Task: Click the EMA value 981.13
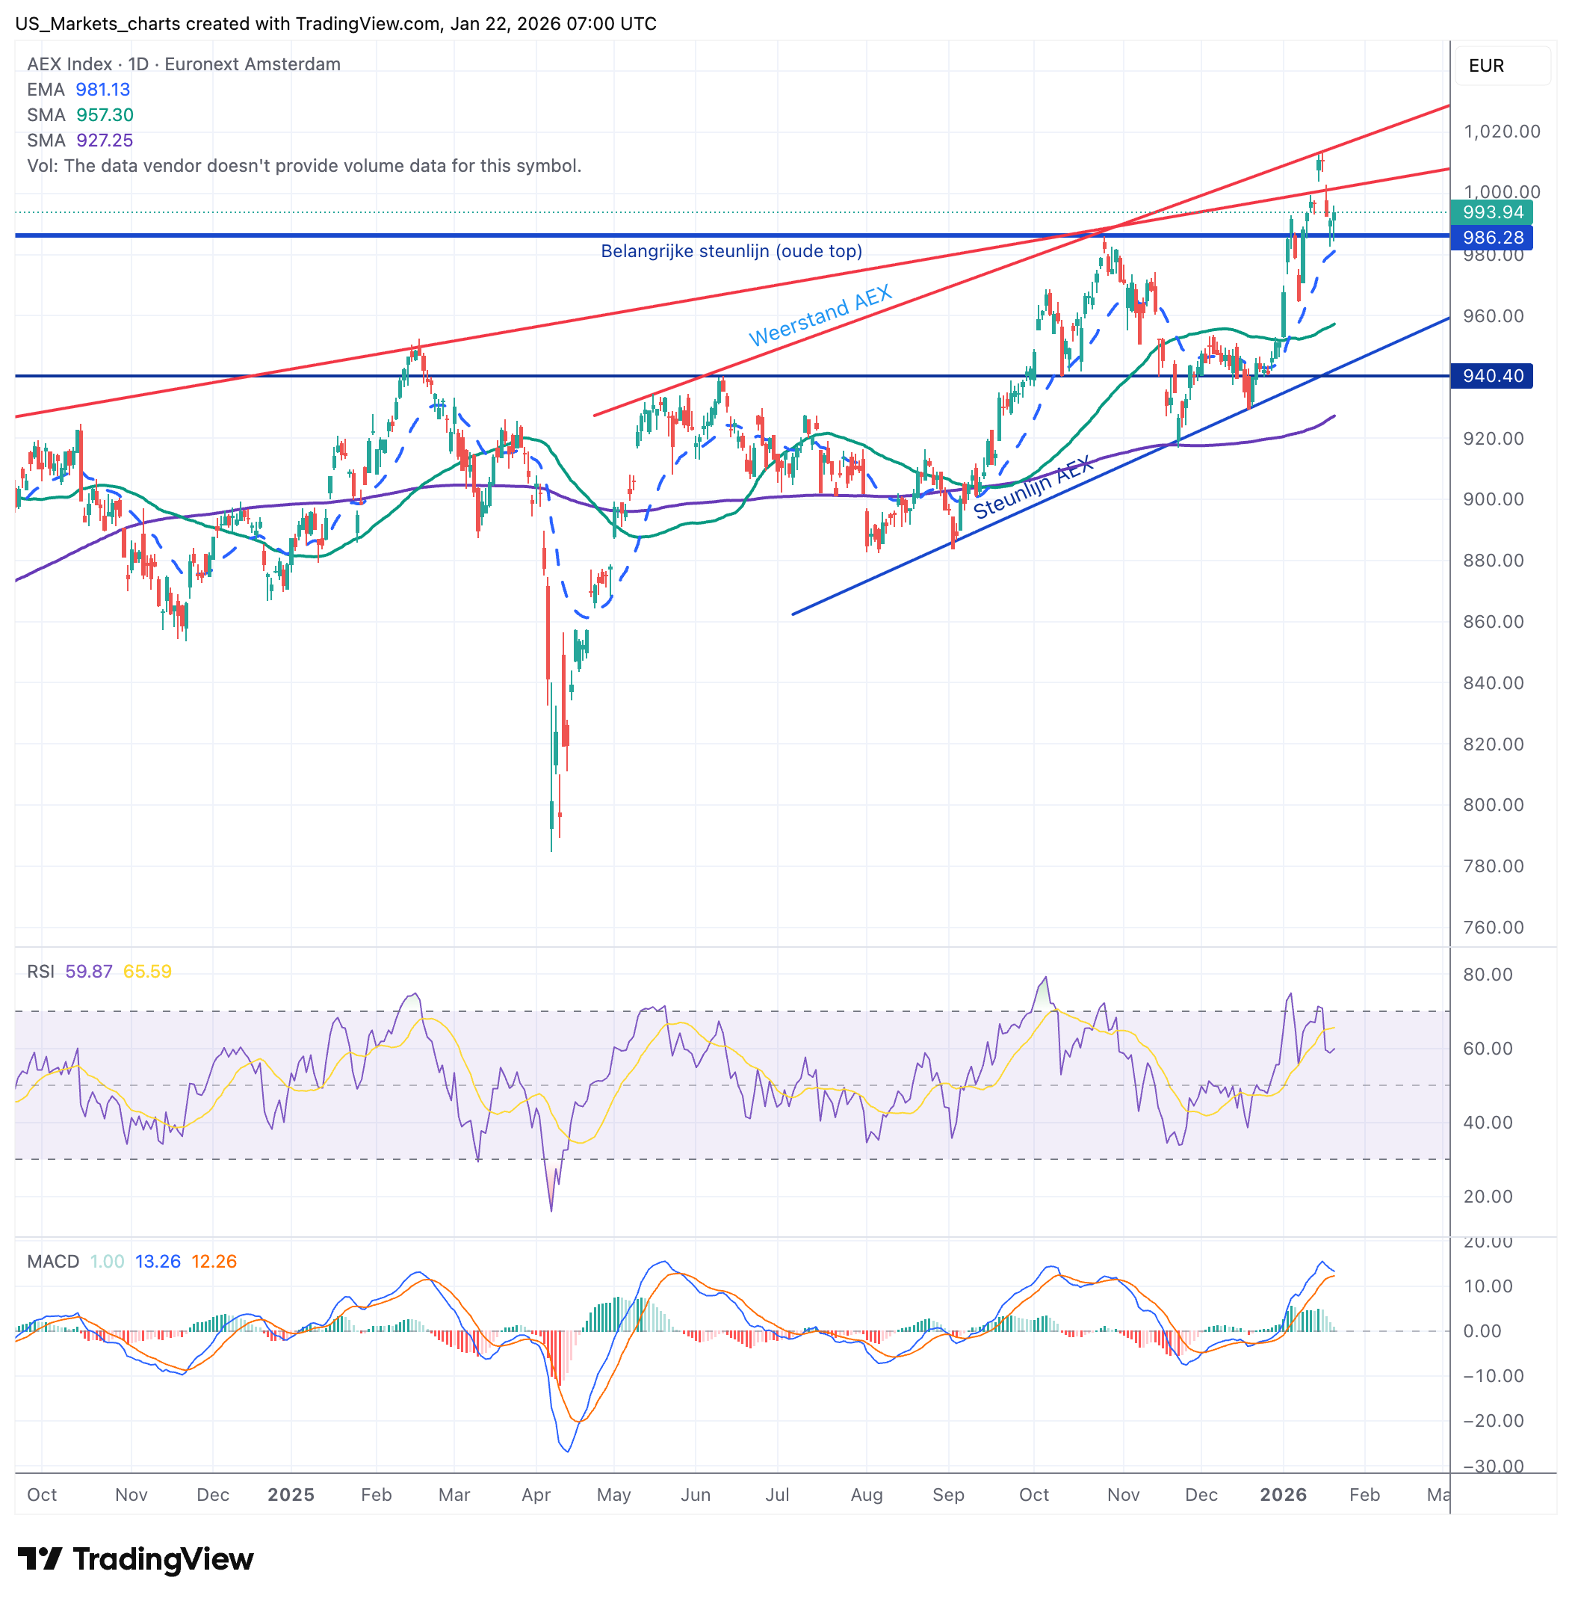[x=102, y=89]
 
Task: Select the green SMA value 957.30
[x=105, y=115]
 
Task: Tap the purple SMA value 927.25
[x=105, y=141]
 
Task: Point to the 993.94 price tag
[x=1492, y=212]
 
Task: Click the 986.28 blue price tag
[x=1492, y=238]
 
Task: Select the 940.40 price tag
[x=1492, y=376]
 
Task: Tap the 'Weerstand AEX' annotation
[x=820, y=315]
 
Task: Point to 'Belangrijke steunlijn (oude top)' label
[x=731, y=251]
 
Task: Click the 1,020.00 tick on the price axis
[x=1501, y=132]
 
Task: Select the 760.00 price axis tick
[x=1493, y=927]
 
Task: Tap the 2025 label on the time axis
[x=291, y=1494]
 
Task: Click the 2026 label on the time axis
[x=1282, y=1494]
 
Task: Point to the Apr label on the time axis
[x=536, y=1494]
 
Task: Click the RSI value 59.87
[x=88, y=972]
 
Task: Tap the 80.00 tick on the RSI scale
[x=1488, y=974]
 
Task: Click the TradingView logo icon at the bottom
[x=40, y=1558]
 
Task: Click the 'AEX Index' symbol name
[x=69, y=64]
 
